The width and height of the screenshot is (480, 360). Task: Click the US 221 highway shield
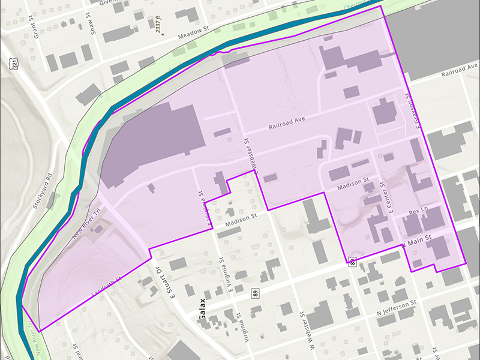coord(13,62)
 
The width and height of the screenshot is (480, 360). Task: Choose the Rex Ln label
coord(417,212)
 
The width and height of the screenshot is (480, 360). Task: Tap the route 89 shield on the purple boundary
coord(352,262)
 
